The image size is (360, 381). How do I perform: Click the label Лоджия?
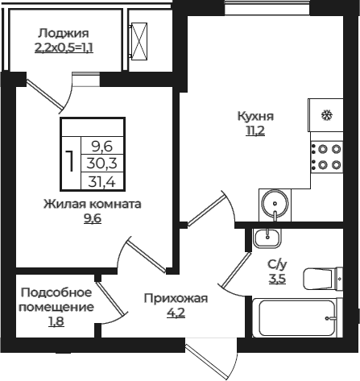click(63, 33)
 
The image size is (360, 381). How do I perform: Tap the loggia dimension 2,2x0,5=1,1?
click(63, 48)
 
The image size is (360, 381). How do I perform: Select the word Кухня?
click(255, 115)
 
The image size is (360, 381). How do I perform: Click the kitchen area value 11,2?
click(255, 130)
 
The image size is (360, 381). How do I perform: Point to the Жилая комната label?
click(93, 204)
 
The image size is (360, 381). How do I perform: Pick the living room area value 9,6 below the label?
click(93, 218)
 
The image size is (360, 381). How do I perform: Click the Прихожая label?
click(176, 299)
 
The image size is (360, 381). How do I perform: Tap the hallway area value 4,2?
click(176, 313)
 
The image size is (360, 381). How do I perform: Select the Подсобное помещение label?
click(56, 300)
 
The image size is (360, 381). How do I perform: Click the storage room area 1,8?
click(56, 322)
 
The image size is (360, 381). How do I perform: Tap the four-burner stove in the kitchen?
click(325, 156)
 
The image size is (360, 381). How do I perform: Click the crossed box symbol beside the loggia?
click(144, 36)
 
